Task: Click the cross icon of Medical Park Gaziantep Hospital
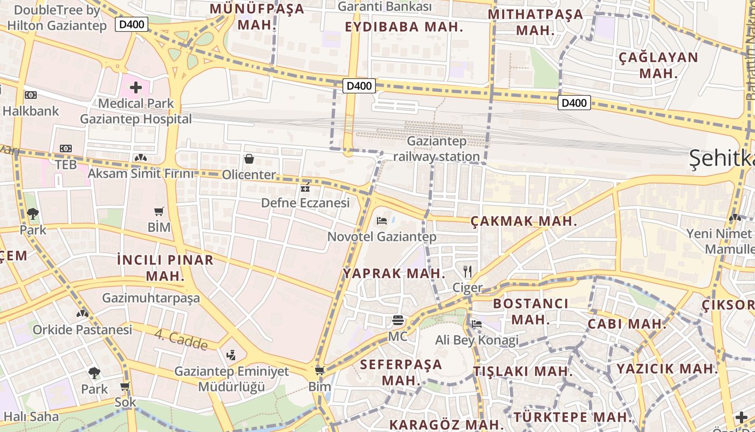click(x=135, y=87)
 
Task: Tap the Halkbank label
click(x=31, y=111)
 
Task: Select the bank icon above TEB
click(x=66, y=148)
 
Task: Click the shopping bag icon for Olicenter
click(x=249, y=159)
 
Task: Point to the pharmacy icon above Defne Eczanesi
click(x=305, y=188)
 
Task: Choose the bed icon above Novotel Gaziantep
click(x=382, y=220)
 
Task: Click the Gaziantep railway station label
click(x=436, y=149)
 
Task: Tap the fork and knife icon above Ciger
click(x=468, y=272)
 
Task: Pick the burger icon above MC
click(x=398, y=321)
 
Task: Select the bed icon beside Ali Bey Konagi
click(x=476, y=324)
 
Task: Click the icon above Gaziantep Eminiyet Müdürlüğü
click(x=231, y=355)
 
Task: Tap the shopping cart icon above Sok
click(x=125, y=387)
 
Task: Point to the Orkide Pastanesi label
click(x=83, y=329)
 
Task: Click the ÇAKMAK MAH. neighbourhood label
click(x=524, y=221)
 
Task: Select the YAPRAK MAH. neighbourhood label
click(x=394, y=273)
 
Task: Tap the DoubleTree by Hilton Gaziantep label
click(x=57, y=17)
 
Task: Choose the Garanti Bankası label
click(x=385, y=6)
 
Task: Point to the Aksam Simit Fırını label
click(x=140, y=173)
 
